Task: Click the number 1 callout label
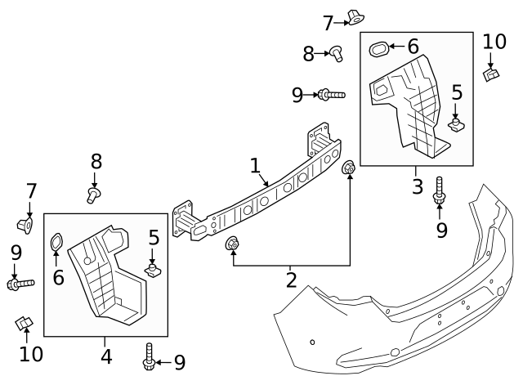coord(255,166)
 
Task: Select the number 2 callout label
coord(291,280)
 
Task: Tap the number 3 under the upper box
coord(417,186)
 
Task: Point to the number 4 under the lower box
coord(105,356)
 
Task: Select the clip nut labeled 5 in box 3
coord(457,123)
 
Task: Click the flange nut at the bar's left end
coord(232,243)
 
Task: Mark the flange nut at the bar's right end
coord(349,168)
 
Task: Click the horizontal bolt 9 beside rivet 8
coord(332,96)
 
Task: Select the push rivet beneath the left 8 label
coord(94,195)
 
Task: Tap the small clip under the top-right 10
coord(492,75)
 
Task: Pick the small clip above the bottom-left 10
coord(24,323)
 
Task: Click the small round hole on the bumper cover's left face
coord(312,342)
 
